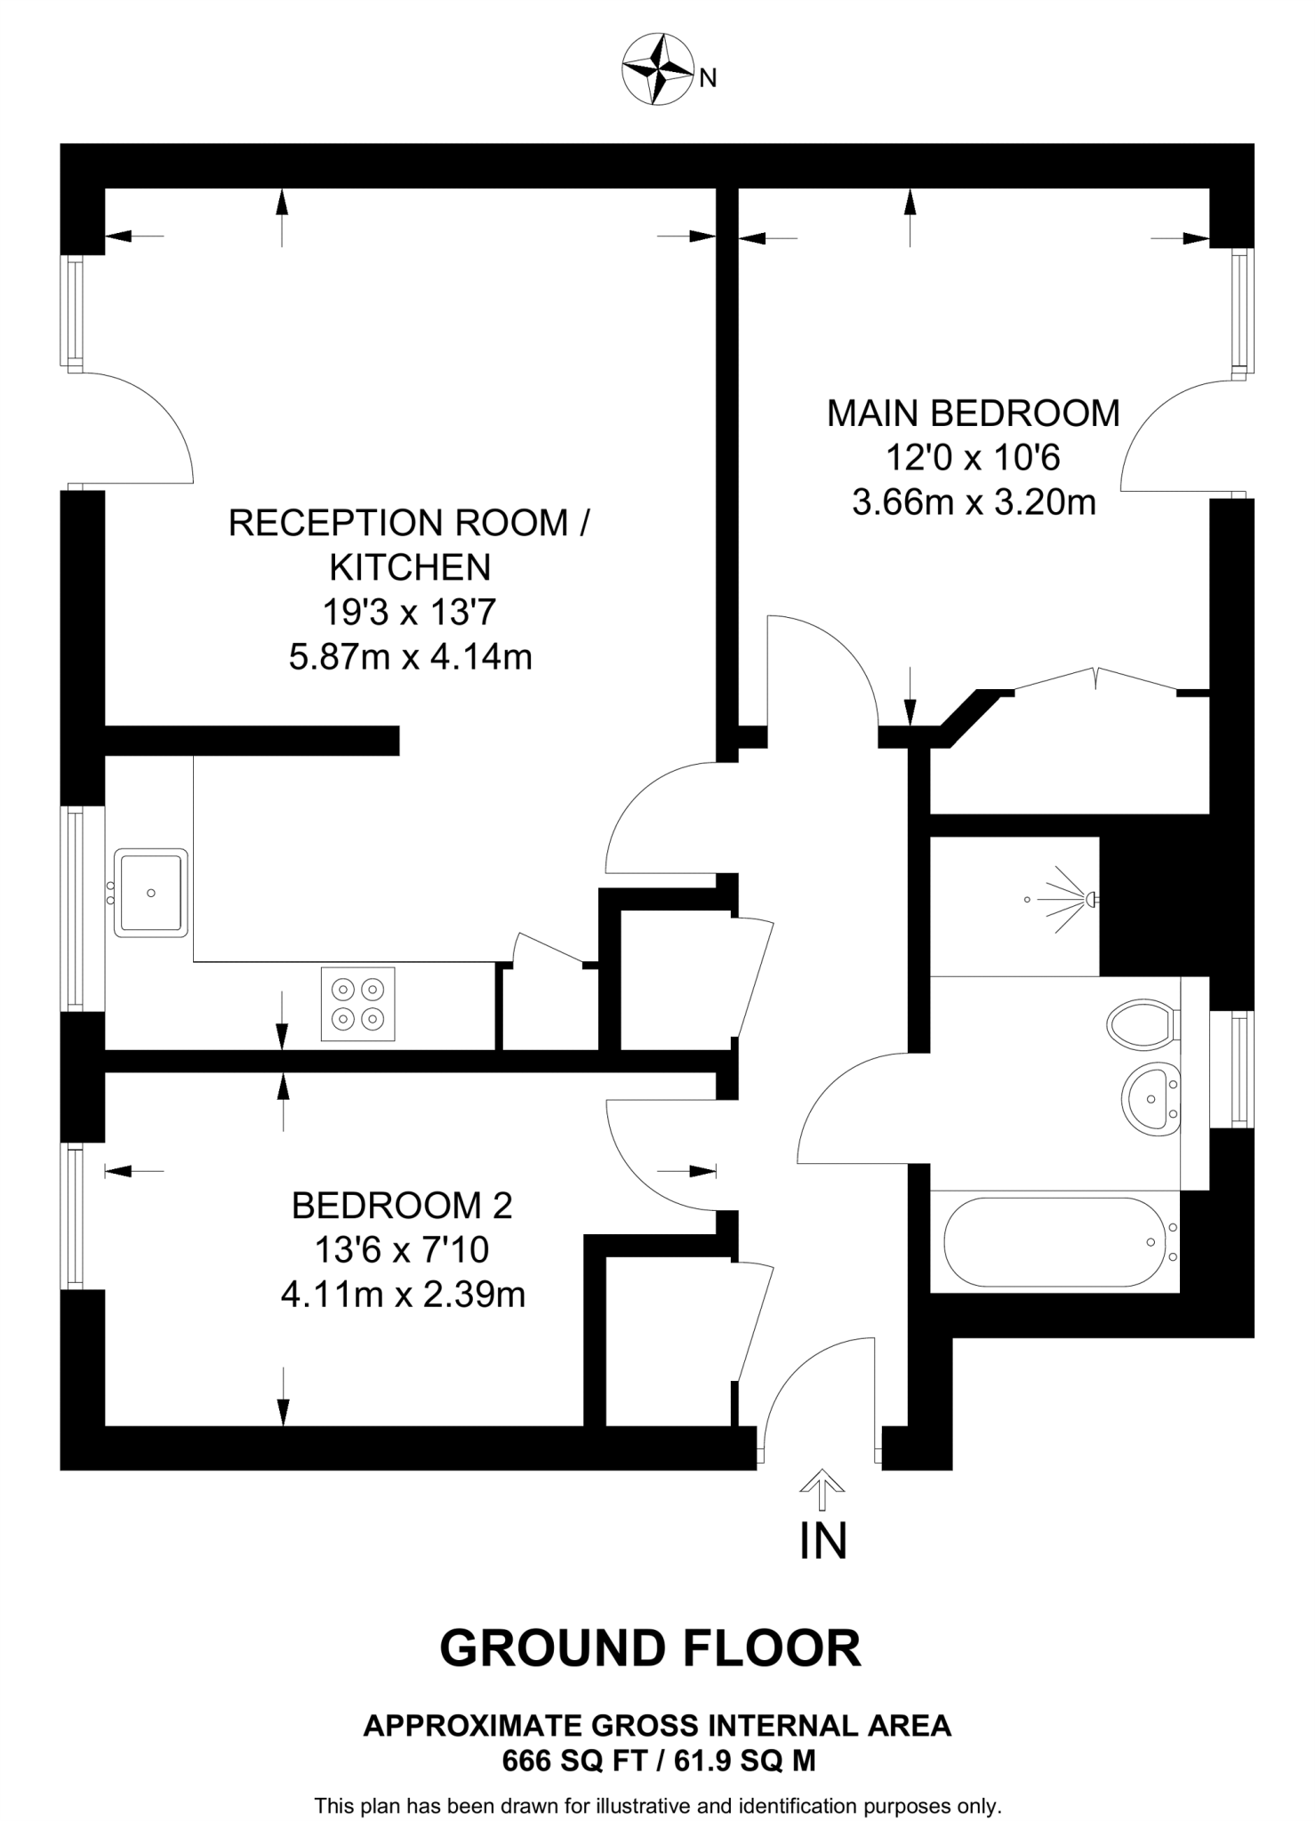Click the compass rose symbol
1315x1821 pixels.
point(658,69)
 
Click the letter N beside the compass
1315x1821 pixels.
point(708,79)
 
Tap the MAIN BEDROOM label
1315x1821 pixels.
point(973,414)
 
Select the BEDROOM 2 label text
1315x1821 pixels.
point(402,1206)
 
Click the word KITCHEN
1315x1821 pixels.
point(410,567)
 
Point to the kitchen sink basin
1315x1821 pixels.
point(151,893)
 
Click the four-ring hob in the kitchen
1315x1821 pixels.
point(357,1004)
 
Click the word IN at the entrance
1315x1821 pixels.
point(822,1542)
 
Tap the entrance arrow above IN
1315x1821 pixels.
point(822,1490)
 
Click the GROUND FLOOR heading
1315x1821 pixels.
point(650,1648)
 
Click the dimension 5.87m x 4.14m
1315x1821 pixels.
point(410,658)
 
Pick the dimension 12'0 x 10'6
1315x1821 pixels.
point(973,459)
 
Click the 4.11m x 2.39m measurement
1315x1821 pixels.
point(402,1295)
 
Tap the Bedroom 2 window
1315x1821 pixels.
point(72,1216)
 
